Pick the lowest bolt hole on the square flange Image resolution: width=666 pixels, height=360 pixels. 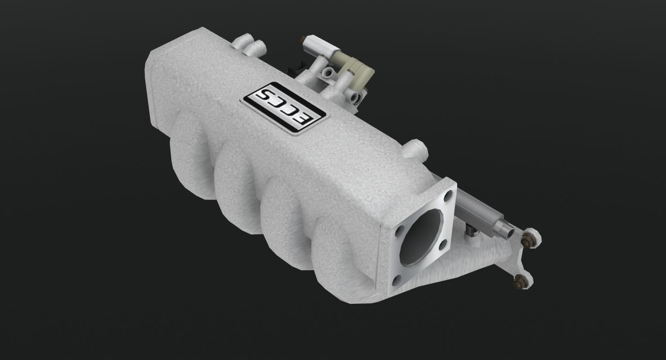click(395, 281)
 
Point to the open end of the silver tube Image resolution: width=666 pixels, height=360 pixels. click(507, 231)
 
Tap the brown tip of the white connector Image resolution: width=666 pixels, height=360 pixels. click(301, 42)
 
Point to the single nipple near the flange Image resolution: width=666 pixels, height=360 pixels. click(416, 147)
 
